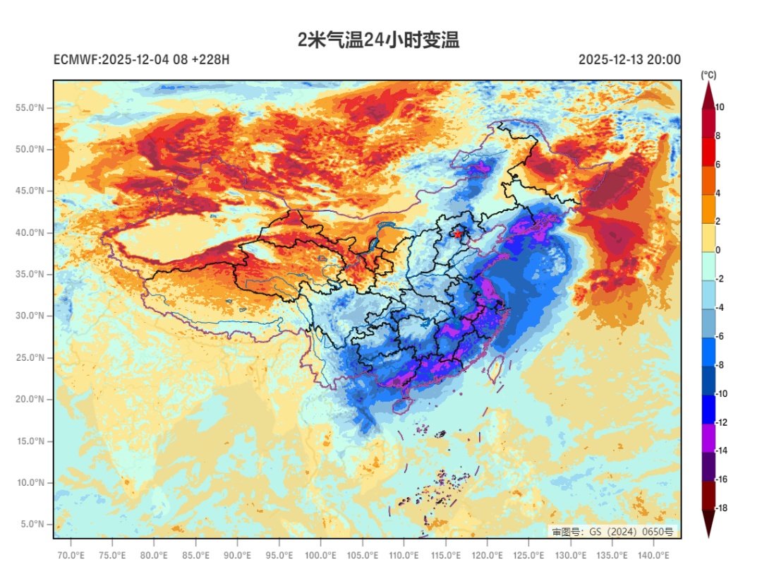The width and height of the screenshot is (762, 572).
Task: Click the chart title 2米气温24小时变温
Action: click(x=379, y=40)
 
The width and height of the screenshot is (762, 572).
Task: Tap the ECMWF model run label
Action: click(x=141, y=60)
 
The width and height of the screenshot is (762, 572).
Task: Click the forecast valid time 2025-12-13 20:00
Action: click(x=629, y=60)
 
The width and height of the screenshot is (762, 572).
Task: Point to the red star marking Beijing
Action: click(x=459, y=233)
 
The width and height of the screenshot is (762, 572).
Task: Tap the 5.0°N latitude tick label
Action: click(x=32, y=524)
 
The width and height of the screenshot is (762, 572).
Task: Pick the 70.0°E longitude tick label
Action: click(x=71, y=555)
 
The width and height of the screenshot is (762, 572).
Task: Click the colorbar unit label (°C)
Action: click(x=708, y=75)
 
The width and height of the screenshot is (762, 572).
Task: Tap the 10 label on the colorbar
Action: click(x=720, y=107)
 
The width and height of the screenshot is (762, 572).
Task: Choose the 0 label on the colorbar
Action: click(x=718, y=251)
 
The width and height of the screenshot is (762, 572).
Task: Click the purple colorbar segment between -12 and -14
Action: click(x=708, y=436)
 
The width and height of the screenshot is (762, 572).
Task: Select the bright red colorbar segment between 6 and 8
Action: click(x=708, y=150)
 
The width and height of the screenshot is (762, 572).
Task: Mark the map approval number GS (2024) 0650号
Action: click(x=612, y=531)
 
